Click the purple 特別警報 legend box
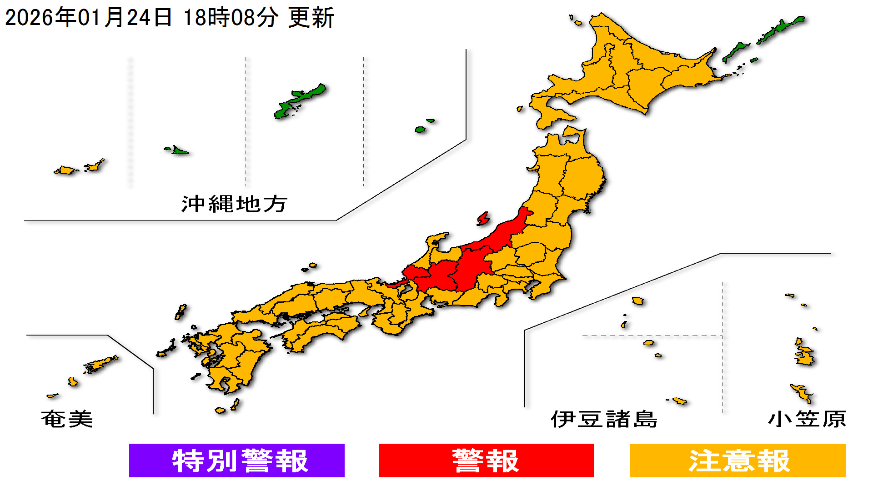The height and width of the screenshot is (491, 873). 236,460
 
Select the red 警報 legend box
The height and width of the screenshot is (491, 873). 486,460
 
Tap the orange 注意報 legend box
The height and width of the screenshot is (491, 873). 738,460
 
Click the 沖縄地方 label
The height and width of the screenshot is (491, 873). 234,204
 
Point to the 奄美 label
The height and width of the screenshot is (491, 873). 67,419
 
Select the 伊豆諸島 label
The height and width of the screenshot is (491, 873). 604,419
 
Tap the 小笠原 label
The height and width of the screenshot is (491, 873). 807,419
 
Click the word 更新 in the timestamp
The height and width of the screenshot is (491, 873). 311,18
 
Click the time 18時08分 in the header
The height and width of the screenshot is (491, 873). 231,18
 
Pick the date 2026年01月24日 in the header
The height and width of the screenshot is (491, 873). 89,18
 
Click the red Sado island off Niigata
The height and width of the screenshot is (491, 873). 483,219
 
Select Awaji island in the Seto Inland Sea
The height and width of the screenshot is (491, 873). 364,311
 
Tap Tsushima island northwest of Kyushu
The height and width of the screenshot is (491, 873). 181,312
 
